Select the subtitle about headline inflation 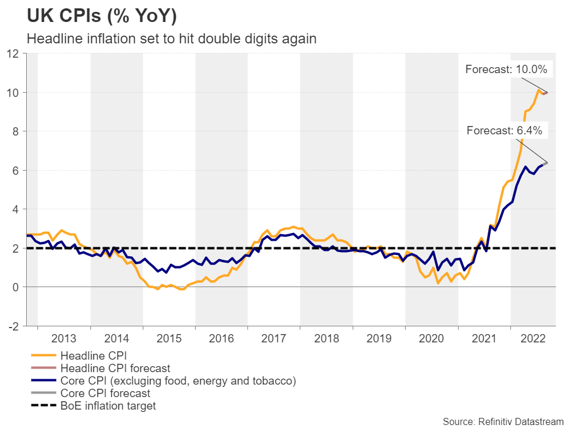(x=172, y=39)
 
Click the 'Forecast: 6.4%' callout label (x=507, y=131)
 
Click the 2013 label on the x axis (x=64, y=339)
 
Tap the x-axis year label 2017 (x=274, y=339)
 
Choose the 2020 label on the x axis (x=431, y=339)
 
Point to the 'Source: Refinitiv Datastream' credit (x=503, y=421)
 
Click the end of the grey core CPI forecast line (x=546, y=163)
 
